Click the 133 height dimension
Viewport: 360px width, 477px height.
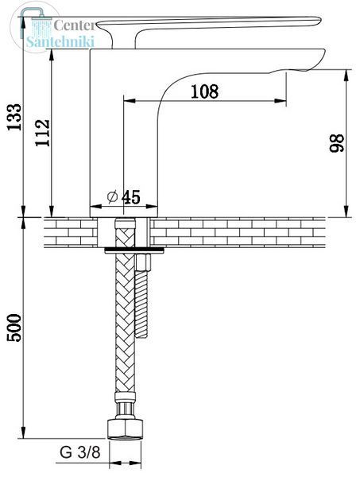pos(14,117)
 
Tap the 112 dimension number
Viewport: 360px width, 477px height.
pos(43,133)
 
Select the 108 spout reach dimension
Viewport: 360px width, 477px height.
pos(204,91)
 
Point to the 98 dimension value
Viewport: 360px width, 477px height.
pos(337,143)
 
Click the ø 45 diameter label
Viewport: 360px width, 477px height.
pos(124,197)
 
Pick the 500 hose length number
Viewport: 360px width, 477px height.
pos(14,328)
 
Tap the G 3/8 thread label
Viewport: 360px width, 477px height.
pos(80,452)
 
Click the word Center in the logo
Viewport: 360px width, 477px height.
pos(74,25)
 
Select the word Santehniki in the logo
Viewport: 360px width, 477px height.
pos(60,41)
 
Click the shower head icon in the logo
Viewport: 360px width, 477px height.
pos(33,25)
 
